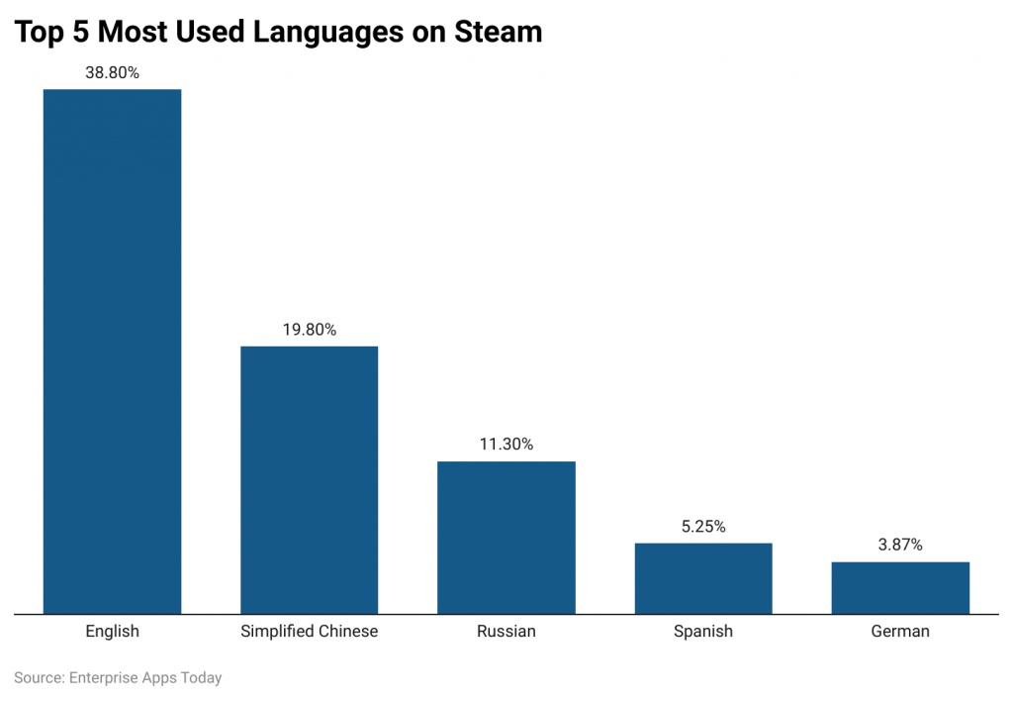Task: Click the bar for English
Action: tap(112, 351)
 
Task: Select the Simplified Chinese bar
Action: tap(309, 479)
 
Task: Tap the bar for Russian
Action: tap(506, 537)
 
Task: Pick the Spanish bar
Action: tap(702, 578)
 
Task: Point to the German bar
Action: tap(900, 587)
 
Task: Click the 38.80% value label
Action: tap(112, 72)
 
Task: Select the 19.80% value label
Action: tap(309, 330)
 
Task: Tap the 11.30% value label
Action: tap(506, 445)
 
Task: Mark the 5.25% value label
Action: tap(702, 527)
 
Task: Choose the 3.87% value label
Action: tap(900, 545)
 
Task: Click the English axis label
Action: tap(112, 631)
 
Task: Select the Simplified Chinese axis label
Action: tap(309, 631)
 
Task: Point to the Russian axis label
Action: tap(506, 631)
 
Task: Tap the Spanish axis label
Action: tap(702, 631)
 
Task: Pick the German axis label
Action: tap(900, 631)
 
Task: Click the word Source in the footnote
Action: tap(38, 678)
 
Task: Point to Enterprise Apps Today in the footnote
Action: tap(145, 678)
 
